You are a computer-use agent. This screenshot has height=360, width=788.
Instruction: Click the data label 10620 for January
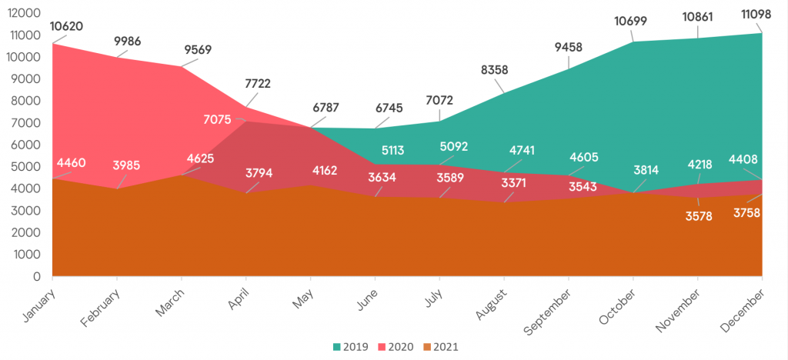point(67,27)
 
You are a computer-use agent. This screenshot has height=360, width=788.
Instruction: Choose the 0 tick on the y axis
point(36,276)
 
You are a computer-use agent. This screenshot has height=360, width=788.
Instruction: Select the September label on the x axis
point(547,311)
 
